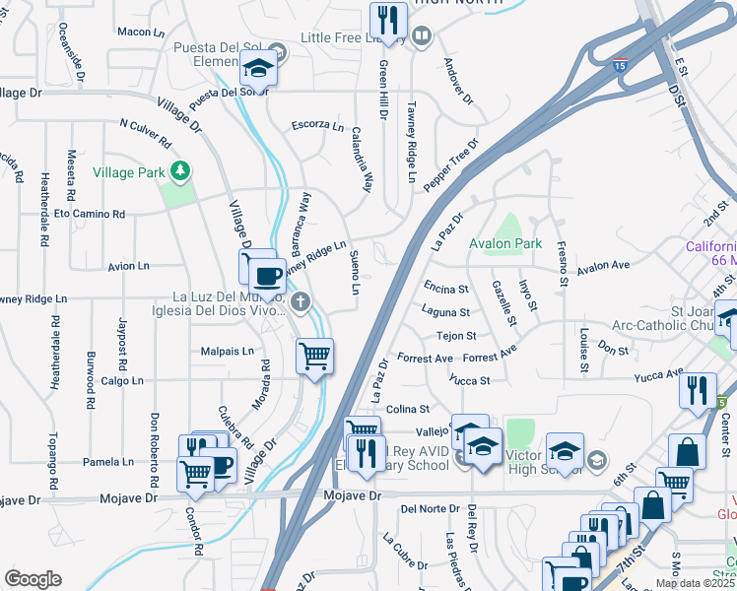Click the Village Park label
point(128,172)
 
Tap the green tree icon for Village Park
point(179,172)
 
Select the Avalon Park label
point(505,243)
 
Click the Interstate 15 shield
point(618,65)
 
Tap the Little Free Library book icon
point(422,37)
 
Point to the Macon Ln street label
point(140,33)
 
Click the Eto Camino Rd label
point(90,214)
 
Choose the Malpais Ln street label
point(228,351)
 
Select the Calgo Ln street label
point(122,380)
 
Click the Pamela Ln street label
point(108,461)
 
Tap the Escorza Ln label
point(317,126)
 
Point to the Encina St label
point(446,290)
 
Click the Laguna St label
point(446,313)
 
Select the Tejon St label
point(456,336)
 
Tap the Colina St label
point(408,409)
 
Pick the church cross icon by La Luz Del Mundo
point(302,302)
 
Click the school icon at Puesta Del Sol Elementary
point(258,69)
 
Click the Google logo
point(33,579)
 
